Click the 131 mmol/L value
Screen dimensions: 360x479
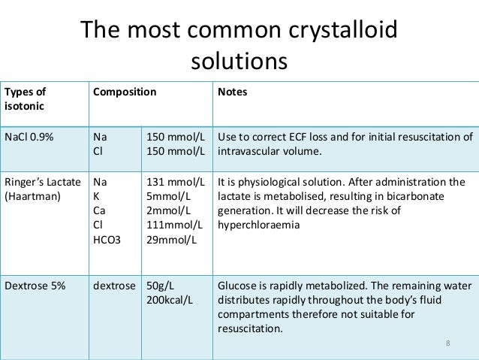(x=176, y=182)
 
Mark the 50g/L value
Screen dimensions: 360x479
(x=161, y=286)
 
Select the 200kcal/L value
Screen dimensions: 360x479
(x=168, y=300)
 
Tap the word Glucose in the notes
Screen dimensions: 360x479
(x=237, y=286)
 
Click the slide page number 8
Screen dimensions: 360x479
(x=447, y=344)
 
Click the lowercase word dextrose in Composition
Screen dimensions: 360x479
(x=113, y=286)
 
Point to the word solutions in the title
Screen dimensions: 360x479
(x=239, y=59)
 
